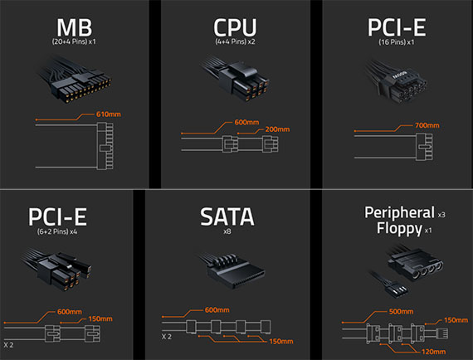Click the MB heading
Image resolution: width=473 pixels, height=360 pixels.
(x=74, y=27)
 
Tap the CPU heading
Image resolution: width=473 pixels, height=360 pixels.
(x=235, y=27)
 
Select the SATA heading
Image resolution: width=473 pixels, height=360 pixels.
(x=227, y=216)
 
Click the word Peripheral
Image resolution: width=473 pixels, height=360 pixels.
(x=399, y=213)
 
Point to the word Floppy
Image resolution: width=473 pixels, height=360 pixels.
(x=399, y=229)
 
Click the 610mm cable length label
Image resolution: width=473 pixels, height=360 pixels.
(x=109, y=114)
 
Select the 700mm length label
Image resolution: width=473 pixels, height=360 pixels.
(x=427, y=125)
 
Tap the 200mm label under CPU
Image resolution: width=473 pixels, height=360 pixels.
(x=277, y=129)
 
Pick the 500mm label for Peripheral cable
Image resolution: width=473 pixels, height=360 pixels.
(x=401, y=311)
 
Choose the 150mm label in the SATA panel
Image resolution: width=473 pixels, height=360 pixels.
(x=281, y=341)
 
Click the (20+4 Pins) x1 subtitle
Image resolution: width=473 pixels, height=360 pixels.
(x=74, y=41)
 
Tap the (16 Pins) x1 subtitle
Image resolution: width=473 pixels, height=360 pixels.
(x=397, y=42)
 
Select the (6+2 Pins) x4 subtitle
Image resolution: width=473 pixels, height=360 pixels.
(x=57, y=231)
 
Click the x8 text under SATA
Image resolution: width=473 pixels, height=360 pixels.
(x=227, y=231)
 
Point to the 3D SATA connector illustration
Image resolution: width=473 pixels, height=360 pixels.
(x=232, y=270)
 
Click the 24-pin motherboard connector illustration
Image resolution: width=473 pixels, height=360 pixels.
(x=75, y=80)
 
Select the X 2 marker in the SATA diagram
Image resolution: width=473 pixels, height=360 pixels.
(x=167, y=337)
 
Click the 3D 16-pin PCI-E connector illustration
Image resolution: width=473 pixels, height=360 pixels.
(x=396, y=81)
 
